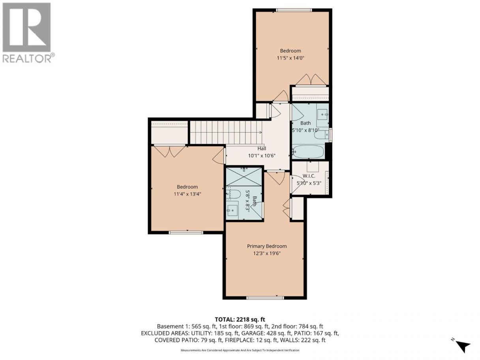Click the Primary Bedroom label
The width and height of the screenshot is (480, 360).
(x=266, y=246)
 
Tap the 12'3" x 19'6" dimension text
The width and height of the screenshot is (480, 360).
(x=266, y=253)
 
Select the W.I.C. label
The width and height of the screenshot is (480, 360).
(x=309, y=176)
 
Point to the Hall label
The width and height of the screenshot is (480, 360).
(x=262, y=148)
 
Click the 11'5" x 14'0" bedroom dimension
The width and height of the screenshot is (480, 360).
(x=291, y=58)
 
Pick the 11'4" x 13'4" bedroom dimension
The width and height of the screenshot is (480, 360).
(x=187, y=194)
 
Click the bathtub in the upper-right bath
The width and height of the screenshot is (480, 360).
(x=308, y=152)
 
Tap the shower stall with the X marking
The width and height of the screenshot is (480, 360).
(x=244, y=176)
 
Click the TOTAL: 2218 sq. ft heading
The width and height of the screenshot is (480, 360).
(x=240, y=320)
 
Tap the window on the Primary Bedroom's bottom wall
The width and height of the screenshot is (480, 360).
(x=265, y=298)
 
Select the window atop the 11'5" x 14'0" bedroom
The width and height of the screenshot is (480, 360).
(x=294, y=10)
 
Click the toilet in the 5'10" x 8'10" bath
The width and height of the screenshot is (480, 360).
(x=321, y=135)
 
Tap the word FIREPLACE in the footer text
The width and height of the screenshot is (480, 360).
(x=239, y=340)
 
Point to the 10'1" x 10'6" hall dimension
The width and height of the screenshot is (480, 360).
(x=262, y=156)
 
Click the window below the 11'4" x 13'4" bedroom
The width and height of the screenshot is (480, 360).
(x=186, y=233)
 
